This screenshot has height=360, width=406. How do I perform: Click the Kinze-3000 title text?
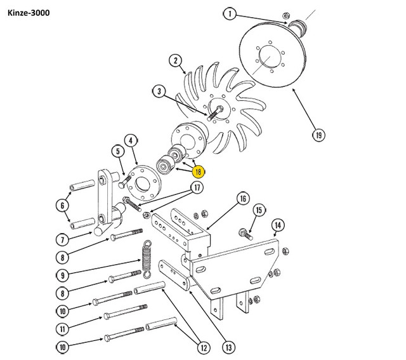point(29,12)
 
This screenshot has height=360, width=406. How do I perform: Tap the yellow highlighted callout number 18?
point(198,171)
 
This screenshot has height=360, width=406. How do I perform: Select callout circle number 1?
point(230,13)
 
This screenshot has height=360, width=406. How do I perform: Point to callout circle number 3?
point(157,92)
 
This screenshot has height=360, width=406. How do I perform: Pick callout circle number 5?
point(118,151)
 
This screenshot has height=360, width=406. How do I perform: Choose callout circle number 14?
point(277,224)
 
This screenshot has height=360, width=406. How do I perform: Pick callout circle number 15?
point(258,210)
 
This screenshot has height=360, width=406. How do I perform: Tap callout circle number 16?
point(242,198)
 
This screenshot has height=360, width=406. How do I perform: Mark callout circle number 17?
point(198,187)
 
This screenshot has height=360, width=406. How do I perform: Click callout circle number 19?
point(317,134)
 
